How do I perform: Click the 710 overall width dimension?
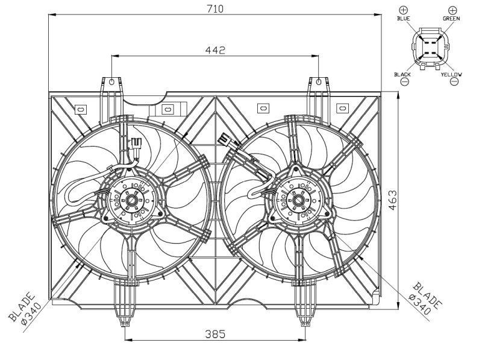coord(215,9)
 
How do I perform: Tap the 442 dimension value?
coord(215,50)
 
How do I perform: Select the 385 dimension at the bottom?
coord(215,333)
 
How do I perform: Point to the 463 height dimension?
coord(393,200)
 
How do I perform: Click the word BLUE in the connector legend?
coord(403,19)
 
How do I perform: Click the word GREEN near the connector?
coord(451,19)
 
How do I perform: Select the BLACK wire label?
coord(402,74)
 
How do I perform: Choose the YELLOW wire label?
coord(451,74)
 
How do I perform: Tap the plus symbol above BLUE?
coord(403,10)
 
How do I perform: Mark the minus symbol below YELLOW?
coord(454,81)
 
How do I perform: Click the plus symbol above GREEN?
coord(452,10)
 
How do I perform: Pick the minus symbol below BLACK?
coord(405,81)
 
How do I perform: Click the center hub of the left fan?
coord(132,201)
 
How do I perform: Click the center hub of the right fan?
coord(298,201)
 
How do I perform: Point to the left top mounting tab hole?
coord(112,82)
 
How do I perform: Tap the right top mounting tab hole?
coord(319,82)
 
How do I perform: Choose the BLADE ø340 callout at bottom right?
coord(425,298)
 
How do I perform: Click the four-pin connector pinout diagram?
coord(429,48)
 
